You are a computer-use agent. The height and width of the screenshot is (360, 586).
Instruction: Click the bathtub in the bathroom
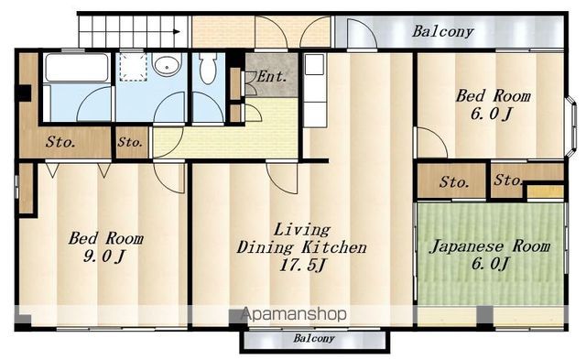point(77,68)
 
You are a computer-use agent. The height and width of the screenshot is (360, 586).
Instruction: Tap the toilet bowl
point(208,68)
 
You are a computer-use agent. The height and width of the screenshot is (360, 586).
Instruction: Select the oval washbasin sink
point(167,67)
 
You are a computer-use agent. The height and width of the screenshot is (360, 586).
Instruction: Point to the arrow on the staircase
point(177,32)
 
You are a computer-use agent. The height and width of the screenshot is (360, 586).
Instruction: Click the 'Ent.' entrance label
point(273,76)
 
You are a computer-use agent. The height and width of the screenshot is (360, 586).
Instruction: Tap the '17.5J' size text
point(302,265)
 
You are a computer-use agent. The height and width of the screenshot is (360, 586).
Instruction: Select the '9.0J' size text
point(103,256)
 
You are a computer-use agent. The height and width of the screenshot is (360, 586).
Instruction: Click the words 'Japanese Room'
point(490,246)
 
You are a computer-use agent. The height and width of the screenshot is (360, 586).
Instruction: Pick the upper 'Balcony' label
point(443,31)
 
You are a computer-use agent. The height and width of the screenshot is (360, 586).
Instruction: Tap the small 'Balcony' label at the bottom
point(313,338)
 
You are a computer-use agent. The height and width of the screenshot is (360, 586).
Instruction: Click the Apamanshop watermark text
point(294,314)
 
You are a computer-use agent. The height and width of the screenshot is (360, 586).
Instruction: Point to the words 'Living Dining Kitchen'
point(301,239)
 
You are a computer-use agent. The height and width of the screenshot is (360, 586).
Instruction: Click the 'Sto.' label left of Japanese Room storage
point(454,182)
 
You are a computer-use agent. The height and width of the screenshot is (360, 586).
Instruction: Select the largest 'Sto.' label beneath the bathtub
point(60,142)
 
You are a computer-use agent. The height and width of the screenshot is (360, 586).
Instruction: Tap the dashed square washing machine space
point(133,67)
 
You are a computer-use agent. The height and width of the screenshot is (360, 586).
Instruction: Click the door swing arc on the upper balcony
point(362,33)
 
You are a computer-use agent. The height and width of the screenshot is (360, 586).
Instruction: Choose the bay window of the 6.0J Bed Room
point(570,126)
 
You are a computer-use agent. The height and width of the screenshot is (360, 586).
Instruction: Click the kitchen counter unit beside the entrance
point(314,90)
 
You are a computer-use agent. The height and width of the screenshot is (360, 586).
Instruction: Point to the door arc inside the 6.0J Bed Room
point(432,142)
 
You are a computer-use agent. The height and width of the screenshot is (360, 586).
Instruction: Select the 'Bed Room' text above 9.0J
point(106,238)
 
